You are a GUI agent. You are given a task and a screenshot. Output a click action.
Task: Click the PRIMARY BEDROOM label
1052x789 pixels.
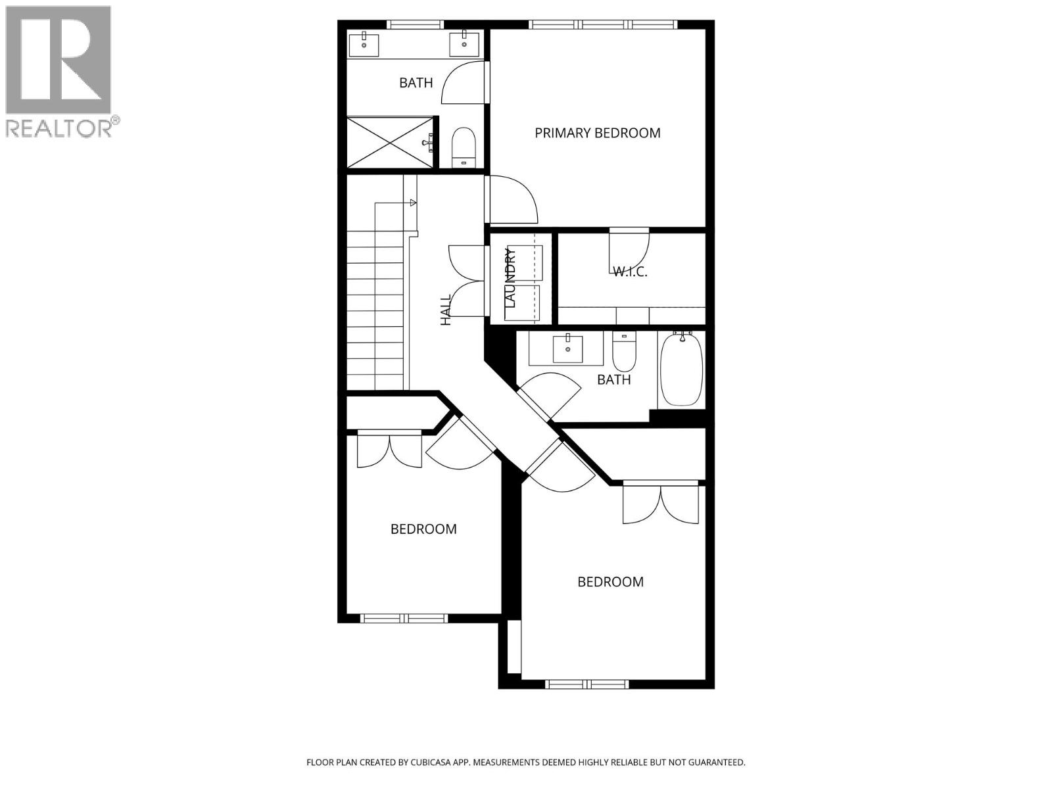point(597,133)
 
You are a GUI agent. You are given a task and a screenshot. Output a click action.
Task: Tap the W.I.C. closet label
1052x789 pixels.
point(630,271)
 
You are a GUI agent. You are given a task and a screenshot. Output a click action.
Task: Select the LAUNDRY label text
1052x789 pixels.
point(511,277)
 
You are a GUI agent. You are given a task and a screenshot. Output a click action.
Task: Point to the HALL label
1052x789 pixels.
point(446,310)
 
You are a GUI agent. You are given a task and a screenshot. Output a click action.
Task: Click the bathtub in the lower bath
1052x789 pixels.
point(681,370)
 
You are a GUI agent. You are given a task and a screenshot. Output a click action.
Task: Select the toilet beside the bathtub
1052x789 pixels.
point(623,352)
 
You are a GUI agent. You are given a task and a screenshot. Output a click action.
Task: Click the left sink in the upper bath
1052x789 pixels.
point(363,45)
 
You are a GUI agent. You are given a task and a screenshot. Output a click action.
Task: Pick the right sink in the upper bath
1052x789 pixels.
point(464,45)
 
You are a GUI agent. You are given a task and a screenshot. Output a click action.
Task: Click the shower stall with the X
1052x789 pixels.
point(390,142)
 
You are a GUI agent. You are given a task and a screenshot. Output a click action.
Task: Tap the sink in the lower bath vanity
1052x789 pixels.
point(567,348)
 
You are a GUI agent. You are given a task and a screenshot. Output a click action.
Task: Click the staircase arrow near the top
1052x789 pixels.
point(412,203)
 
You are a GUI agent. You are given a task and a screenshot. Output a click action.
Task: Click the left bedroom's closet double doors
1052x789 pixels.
point(389,450)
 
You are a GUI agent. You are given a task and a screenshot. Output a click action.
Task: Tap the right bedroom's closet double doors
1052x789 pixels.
point(660,504)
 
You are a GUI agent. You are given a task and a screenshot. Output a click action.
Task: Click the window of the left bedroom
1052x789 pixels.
point(404,618)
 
